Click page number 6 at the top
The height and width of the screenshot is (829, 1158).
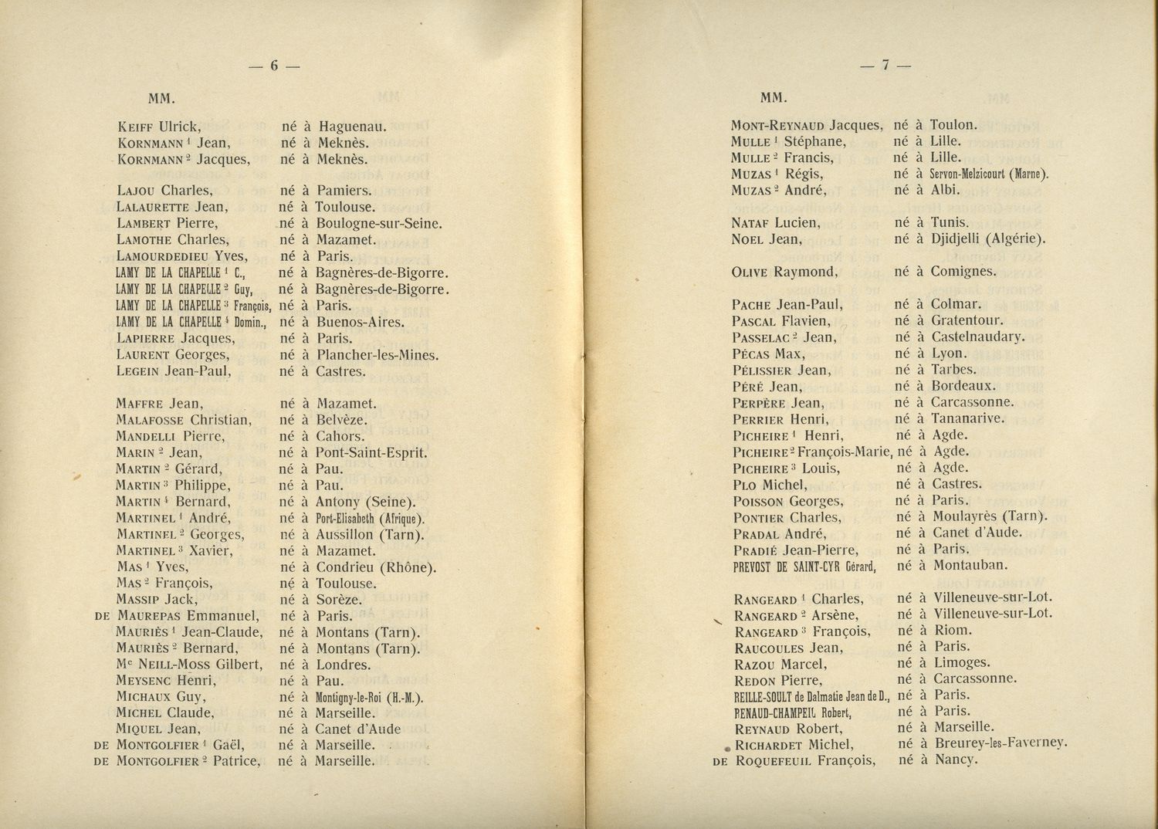273,66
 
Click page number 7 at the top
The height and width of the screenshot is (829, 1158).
885,66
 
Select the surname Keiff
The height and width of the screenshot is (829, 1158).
137,127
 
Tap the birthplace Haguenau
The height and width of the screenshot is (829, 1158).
352,127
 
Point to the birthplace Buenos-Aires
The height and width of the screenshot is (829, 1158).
360,322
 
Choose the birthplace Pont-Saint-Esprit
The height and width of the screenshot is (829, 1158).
372,453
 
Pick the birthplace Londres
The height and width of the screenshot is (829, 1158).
344,665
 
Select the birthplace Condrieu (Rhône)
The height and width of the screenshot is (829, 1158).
377,567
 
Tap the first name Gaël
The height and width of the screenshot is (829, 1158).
229,745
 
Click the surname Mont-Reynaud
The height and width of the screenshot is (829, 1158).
777,125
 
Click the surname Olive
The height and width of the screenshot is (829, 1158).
750,272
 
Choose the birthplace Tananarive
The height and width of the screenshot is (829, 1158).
968,418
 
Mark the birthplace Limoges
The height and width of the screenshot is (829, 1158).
962,663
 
